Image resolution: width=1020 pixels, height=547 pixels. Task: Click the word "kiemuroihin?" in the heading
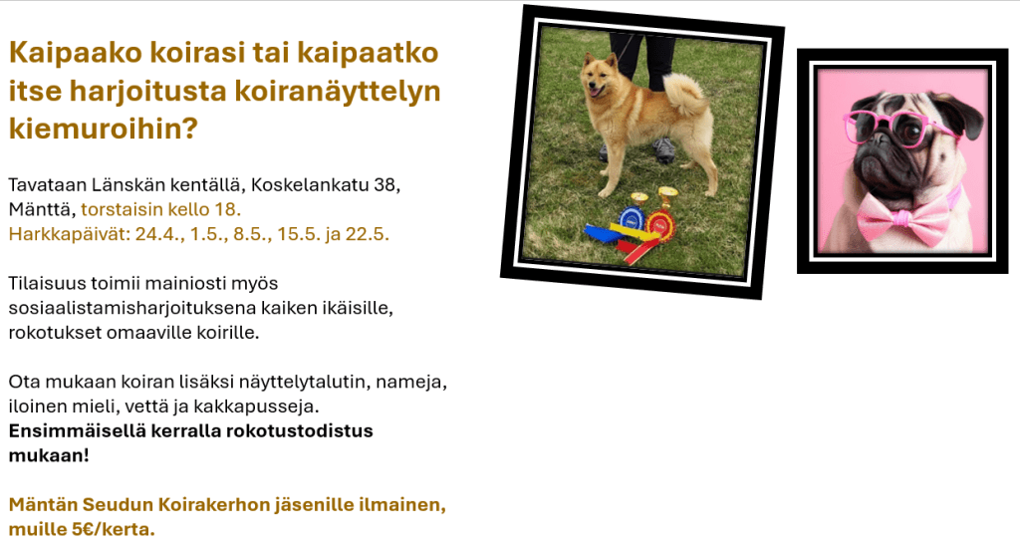pos(103,129)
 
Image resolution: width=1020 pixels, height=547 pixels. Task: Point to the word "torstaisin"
pos(122,209)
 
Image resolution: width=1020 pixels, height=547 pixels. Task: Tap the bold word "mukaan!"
pos(49,455)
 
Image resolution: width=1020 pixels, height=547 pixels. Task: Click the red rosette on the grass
pos(659,226)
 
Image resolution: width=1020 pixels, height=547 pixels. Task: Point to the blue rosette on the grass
pos(631,221)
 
